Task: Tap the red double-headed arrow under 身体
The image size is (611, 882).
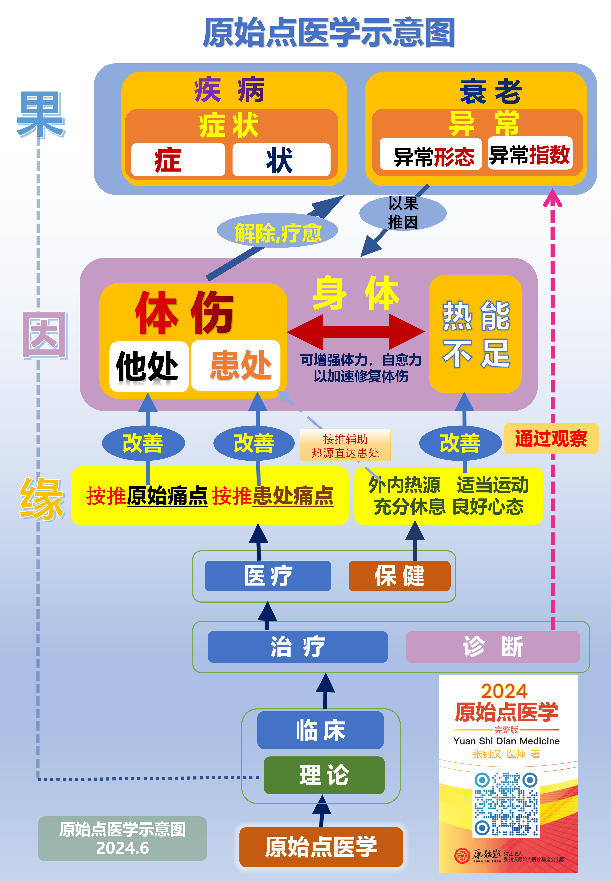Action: pos(356,331)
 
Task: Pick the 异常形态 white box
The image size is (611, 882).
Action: pos(430,154)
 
